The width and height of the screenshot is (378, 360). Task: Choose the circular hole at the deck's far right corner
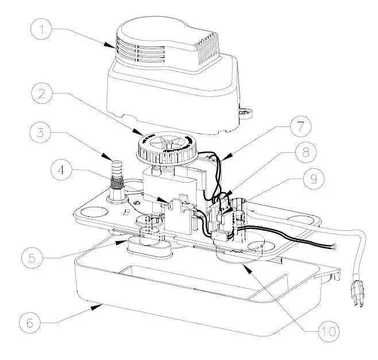[x=298, y=220]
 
